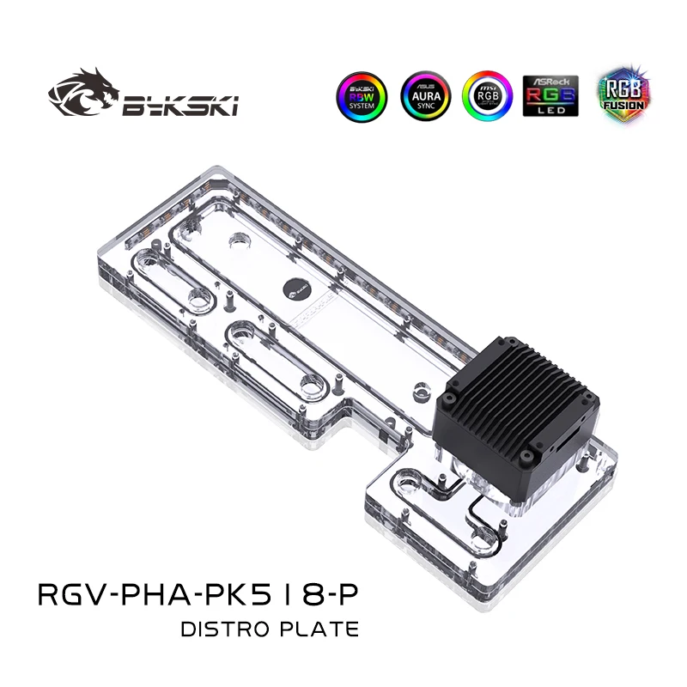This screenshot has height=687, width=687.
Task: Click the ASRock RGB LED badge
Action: (550, 96)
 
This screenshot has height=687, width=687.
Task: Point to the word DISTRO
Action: (224, 629)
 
